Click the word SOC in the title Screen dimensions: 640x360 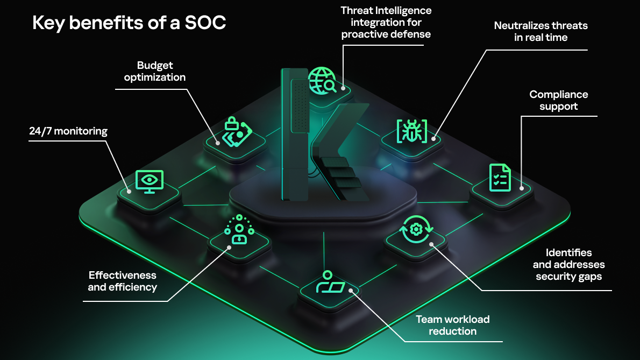205,23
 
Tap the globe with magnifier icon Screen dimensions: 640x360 322,81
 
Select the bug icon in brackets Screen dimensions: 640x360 412,131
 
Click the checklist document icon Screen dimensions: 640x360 500,178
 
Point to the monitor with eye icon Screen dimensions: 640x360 150,182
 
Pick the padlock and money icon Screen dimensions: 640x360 236,131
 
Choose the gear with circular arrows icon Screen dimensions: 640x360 416,229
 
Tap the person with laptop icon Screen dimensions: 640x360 330,281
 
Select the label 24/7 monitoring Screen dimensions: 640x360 68,131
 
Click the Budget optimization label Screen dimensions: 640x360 155,72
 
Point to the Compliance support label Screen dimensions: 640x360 559,101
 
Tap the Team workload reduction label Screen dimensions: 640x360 453,326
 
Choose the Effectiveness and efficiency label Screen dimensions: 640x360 123,281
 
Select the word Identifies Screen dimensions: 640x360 568,253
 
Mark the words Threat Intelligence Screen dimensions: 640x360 386,11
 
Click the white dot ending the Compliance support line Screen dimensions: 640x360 522,188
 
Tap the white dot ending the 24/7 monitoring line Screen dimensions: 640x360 129,192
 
